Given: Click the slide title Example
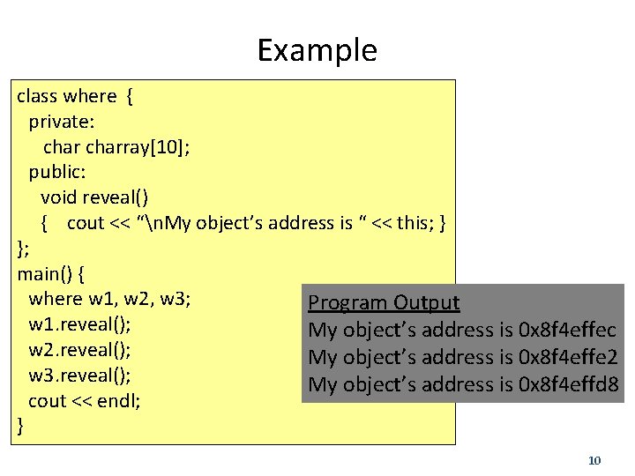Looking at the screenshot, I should (x=317, y=50).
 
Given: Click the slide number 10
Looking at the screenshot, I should (x=594, y=460).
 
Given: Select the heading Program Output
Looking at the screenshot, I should (x=384, y=303).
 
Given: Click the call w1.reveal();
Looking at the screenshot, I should (x=79, y=325).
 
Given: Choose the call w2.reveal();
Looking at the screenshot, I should (x=79, y=350).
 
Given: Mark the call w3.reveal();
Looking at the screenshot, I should (x=79, y=376).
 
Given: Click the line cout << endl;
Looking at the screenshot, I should (x=85, y=401).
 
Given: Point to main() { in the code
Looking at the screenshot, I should (x=50, y=273).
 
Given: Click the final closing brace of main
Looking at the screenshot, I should (x=21, y=427).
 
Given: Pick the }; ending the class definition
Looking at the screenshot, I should (x=24, y=248).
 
